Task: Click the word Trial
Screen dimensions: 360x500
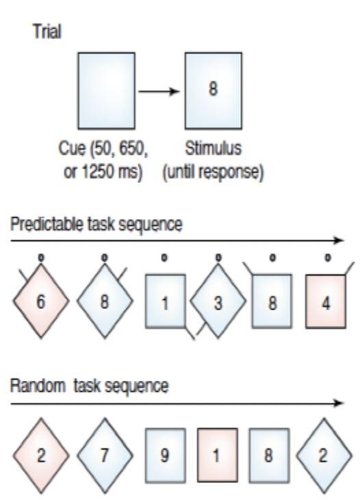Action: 47,32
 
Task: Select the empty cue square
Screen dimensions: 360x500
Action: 106,91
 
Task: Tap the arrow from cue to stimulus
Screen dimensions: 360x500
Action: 159,92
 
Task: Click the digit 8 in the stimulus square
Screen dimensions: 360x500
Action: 213,88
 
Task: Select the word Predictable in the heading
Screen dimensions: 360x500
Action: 48,224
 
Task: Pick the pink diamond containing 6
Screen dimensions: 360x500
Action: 41,301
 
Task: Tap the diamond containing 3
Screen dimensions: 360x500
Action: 218,301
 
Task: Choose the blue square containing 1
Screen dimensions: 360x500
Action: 166,301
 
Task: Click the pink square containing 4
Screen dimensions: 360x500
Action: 326,301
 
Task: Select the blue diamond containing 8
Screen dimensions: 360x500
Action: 105,301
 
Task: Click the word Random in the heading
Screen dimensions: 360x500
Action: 38,386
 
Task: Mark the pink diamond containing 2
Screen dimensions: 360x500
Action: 41,455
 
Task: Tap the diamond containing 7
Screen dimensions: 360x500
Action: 105,455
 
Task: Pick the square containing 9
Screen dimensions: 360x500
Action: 166,455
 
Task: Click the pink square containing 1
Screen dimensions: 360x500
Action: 218,455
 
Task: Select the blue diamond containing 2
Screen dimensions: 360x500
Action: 324,455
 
